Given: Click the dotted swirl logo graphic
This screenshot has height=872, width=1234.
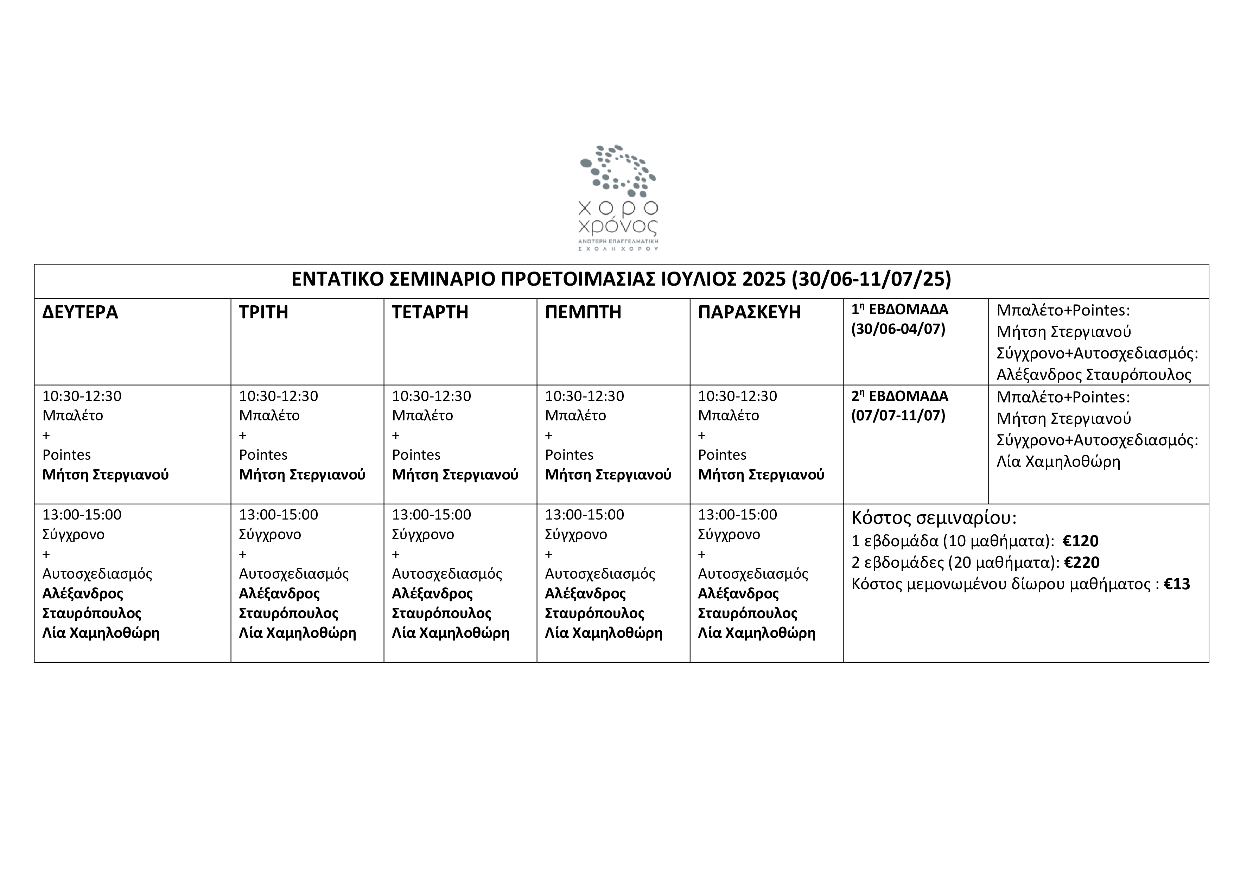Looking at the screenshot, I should pos(618,171).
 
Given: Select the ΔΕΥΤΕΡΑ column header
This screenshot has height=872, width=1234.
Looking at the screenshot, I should pos(80,312).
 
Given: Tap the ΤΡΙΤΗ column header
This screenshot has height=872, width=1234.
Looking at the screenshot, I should pos(263,312).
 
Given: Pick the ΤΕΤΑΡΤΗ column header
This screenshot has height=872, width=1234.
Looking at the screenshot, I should pos(430,312).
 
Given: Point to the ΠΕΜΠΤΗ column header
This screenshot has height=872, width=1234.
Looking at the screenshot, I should pos(583,312).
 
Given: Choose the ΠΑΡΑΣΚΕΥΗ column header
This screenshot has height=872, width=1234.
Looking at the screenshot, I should pos(749,312).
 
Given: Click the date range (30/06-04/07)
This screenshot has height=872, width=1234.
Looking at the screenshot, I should pos(898,329).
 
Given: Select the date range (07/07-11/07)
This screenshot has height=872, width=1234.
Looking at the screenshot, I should pos(898,415).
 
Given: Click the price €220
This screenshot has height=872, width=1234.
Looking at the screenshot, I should pos(1082,562).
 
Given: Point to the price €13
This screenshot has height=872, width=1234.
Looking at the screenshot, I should pos(1177,584).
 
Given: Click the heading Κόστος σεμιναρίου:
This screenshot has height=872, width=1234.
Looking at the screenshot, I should pos(934,517).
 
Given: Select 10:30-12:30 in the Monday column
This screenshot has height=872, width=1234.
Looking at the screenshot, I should pos(82,396).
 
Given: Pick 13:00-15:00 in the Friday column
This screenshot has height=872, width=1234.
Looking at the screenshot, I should pos(737,514).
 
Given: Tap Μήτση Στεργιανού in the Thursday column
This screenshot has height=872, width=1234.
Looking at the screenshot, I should pos(608,475).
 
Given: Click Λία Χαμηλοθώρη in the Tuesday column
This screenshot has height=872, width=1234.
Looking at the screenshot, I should pos(297,632).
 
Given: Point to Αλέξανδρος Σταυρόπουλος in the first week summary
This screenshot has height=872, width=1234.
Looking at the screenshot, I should pos(1094,375).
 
